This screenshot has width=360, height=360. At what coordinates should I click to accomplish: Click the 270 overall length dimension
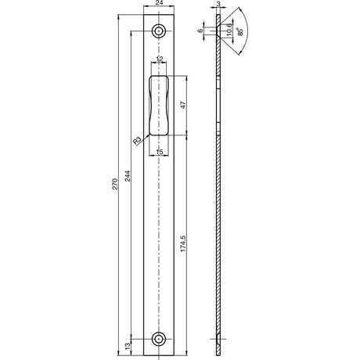tap(115, 184)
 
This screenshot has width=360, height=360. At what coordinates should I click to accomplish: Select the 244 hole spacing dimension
tap(127, 176)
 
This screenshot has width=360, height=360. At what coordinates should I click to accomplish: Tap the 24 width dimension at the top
tap(159, 3)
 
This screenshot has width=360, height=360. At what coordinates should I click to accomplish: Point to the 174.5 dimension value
tap(183, 243)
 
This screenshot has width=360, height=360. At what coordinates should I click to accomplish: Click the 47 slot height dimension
tap(183, 105)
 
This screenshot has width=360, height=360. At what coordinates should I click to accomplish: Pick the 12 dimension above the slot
tap(159, 59)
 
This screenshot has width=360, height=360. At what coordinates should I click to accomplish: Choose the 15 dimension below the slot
tap(159, 152)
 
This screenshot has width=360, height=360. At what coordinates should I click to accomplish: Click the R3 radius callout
tap(137, 141)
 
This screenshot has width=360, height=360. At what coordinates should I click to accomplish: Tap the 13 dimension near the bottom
tap(127, 346)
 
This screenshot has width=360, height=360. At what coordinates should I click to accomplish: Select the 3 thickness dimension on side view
tap(218, 4)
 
